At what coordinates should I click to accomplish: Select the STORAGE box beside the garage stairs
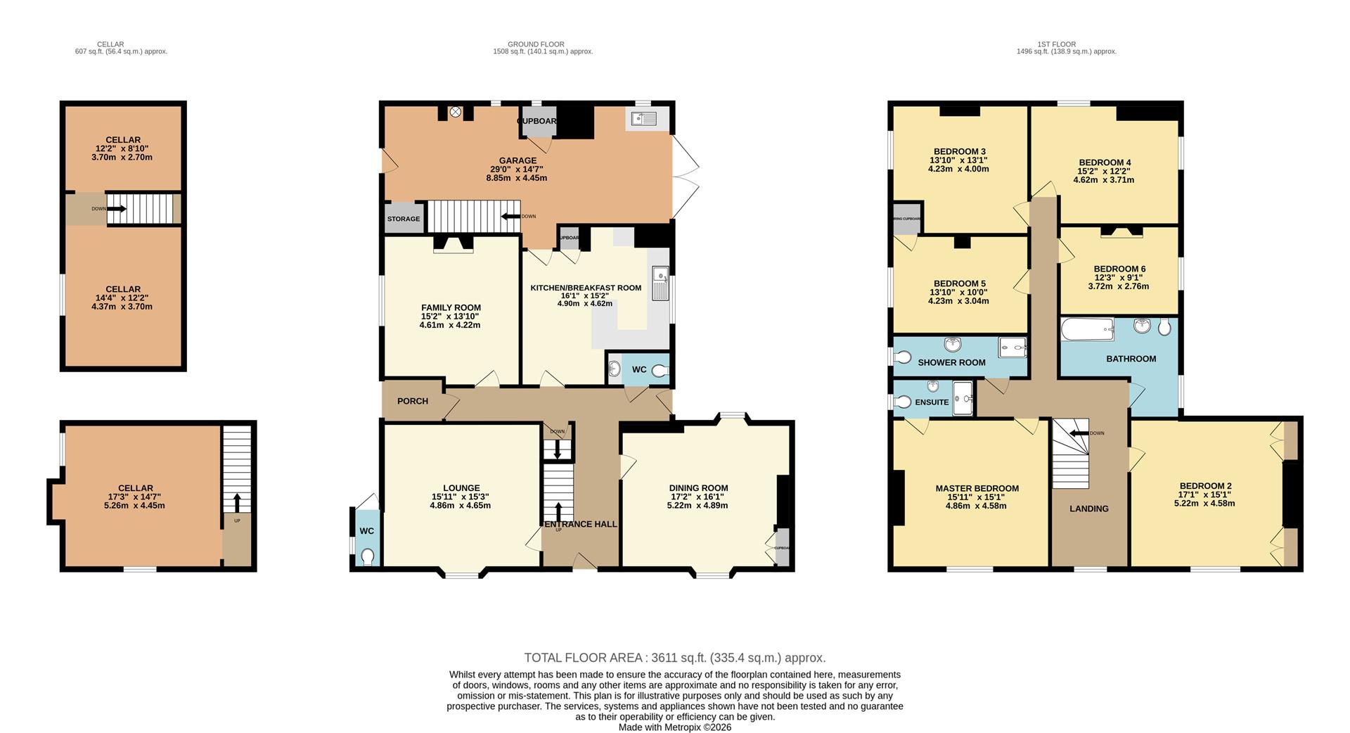click(x=404, y=219)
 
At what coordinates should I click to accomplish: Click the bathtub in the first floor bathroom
click(x=1087, y=329)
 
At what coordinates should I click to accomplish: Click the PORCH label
click(x=413, y=401)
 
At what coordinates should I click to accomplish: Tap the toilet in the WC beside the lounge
click(x=367, y=556)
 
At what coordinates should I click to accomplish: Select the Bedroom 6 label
click(x=1119, y=269)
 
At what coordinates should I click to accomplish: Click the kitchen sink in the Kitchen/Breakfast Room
click(x=660, y=283)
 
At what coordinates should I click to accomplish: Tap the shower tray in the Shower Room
click(x=1012, y=347)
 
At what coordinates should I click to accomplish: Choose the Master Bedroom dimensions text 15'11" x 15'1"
click(x=977, y=497)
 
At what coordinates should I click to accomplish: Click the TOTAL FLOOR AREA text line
click(x=674, y=658)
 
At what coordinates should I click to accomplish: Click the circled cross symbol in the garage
click(x=456, y=111)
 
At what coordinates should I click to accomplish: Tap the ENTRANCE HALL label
click(x=580, y=524)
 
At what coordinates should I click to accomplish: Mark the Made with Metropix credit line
click(x=674, y=727)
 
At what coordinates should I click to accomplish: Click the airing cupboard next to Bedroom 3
click(x=907, y=219)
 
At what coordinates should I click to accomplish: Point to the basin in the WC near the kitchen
click(x=614, y=369)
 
